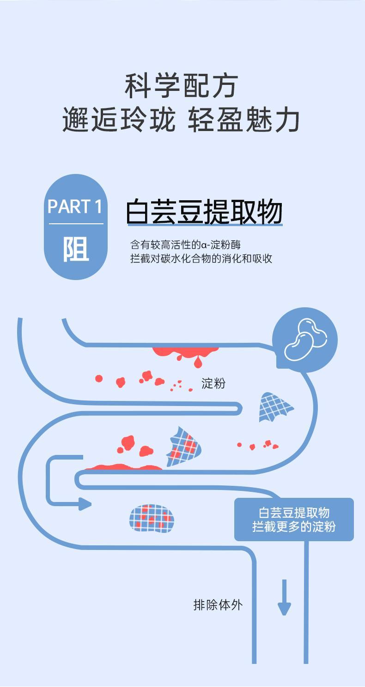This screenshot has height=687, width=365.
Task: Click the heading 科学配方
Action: [182, 86]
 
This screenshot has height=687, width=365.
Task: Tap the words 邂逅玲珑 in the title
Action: [119, 120]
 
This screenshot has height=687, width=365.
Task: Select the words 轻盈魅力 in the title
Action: [244, 120]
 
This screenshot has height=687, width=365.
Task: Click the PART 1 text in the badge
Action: [75, 207]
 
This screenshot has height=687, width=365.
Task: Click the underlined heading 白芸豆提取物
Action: [204, 213]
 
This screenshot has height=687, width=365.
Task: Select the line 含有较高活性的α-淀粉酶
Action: [186, 244]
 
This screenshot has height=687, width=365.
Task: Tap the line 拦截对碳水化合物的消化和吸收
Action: [201, 258]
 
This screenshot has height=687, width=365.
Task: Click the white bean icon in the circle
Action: [305, 340]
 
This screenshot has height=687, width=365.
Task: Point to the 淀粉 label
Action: [213, 383]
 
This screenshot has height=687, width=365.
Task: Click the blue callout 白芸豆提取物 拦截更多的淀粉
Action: [294, 520]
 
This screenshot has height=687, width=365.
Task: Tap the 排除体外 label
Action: [218, 605]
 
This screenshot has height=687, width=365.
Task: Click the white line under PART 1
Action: [76, 224]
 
